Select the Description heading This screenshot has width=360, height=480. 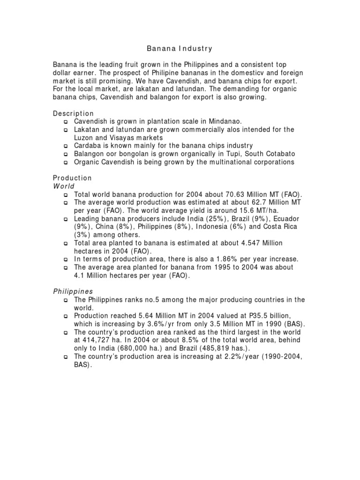click(73, 113)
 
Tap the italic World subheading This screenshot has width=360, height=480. click(64, 186)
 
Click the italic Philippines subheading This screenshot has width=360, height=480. click(73, 291)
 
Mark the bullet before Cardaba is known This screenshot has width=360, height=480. click(66, 146)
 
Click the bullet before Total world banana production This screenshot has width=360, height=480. click(66, 195)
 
